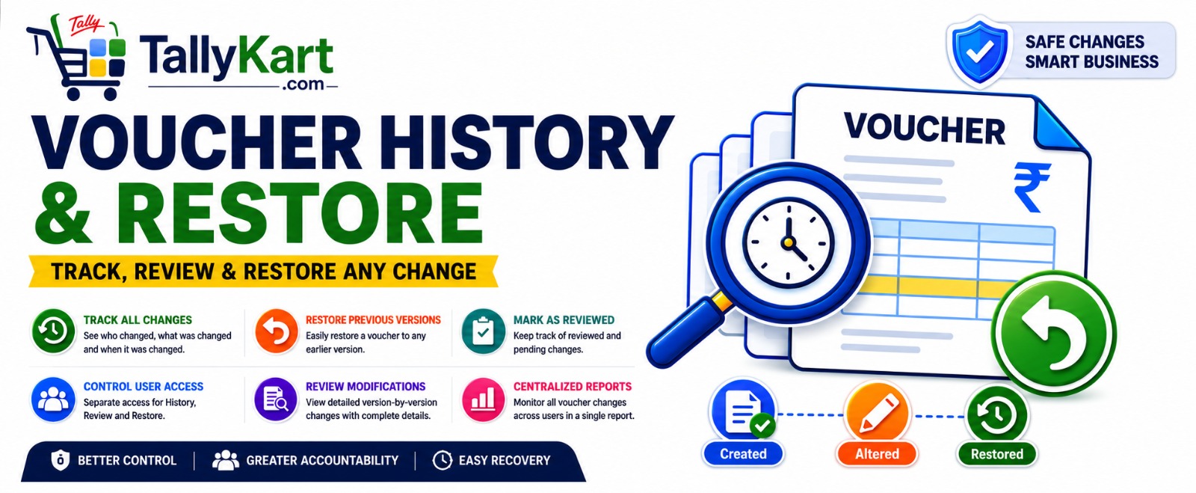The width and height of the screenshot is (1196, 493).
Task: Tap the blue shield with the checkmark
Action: coord(980,52)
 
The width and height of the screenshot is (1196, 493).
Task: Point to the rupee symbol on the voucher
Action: coord(1032,188)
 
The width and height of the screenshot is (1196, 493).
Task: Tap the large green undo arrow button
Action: coord(1053,334)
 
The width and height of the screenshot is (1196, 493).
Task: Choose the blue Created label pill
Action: coord(743,454)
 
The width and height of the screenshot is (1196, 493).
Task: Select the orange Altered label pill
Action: coord(877,454)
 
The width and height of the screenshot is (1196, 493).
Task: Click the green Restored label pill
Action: coord(997,454)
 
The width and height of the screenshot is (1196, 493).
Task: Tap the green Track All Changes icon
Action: coord(53,331)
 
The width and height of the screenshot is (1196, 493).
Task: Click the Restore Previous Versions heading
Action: coord(373,320)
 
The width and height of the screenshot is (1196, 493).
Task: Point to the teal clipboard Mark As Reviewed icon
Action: coord(483,331)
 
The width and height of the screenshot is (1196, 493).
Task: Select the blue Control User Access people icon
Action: coord(53,399)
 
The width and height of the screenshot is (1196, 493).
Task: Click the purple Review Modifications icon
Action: coord(276,399)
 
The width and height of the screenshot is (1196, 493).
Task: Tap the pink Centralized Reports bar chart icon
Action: coord(483,399)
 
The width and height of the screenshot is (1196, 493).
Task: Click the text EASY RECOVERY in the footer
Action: coord(504,460)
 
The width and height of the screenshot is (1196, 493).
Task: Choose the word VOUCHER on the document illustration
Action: coord(924,129)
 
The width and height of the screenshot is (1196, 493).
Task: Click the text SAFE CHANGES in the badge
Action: coord(1085,42)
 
